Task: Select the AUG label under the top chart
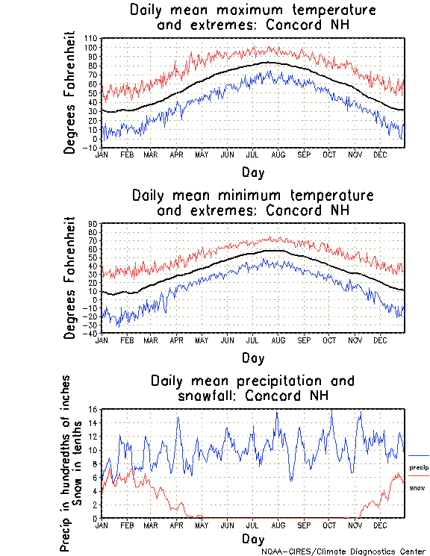tap(278, 154)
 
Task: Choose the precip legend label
tap(419, 467)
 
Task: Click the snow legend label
tap(417, 487)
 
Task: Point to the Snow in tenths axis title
tap(79, 470)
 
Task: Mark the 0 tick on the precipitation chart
tap(96, 518)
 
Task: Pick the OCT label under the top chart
tap(329, 154)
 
